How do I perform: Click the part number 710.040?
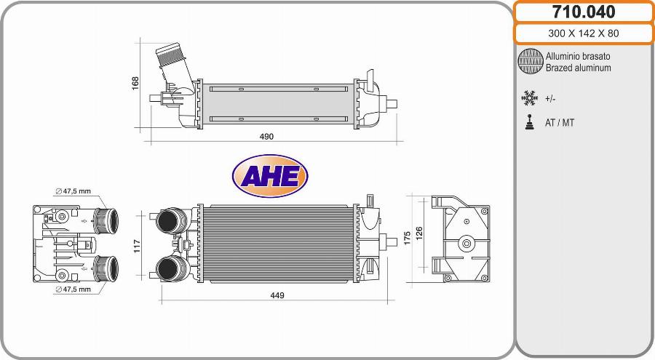(583, 12)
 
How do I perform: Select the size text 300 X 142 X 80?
(583, 33)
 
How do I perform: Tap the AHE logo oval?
(269, 176)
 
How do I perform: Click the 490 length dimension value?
(266, 137)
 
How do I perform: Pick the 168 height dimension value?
(135, 83)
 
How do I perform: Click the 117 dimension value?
(138, 247)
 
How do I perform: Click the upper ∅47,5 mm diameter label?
(73, 191)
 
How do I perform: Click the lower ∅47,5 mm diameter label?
(73, 289)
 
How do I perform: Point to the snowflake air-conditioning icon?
(529, 98)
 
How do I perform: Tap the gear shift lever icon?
(529, 122)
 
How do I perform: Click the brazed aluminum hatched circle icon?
(530, 62)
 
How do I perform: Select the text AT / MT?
(560, 123)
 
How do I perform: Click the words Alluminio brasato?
(578, 56)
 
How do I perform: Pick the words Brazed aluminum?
(578, 68)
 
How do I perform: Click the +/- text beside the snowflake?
(551, 99)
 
